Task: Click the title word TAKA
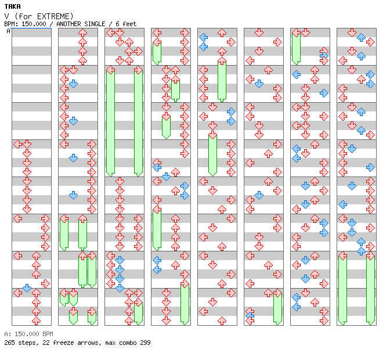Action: pyautogui.click(x=12, y=6)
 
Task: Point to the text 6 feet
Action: pyautogui.click(x=126, y=24)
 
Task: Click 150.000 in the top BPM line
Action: pyautogui.click(x=31, y=24)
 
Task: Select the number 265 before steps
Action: pyautogui.click(x=10, y=343)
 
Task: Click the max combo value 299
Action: pyautogui.click(x=145, y=343)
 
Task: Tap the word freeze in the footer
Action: pyautogui.click(x=62, y=343)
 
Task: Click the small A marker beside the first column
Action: pyautogui.click(x=9, y=31)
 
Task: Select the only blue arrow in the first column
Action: pyautogui.click(x=27, y=288)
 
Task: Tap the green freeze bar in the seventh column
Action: pyautogui.click(x=296, y=48)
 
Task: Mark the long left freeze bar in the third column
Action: pyautogui.click(x=110, y=122)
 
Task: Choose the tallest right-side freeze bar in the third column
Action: pyautogui.click(x=138, y=122)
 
